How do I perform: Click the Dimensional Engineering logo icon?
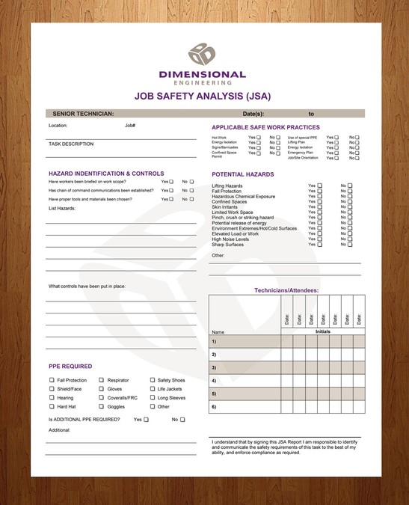202,54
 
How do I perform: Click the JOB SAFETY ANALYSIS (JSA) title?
202,96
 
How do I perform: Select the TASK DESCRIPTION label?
71,144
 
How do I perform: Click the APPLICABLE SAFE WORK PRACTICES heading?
265,127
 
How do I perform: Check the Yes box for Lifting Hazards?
320,186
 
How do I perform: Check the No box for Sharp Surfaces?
349,245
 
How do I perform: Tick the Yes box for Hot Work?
258,138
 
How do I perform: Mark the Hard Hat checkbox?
52,407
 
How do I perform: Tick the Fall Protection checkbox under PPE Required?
52,380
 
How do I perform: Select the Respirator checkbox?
101,380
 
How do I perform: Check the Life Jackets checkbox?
152,389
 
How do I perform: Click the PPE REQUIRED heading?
70,367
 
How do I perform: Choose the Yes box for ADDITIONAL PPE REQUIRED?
147,420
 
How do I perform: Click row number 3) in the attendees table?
214,367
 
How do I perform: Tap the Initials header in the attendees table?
322,331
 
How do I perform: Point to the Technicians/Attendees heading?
286,290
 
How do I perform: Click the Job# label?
130,125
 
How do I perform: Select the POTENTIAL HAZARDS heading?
242,174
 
